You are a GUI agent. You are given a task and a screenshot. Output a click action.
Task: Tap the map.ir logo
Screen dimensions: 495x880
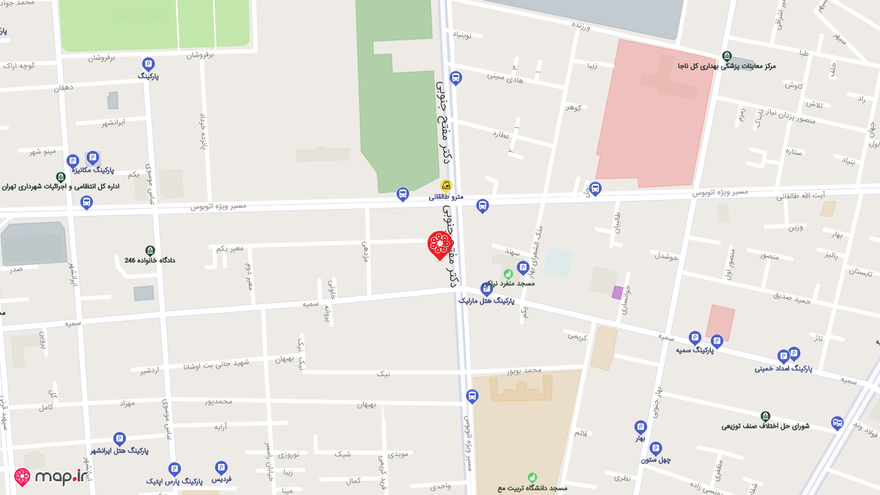click(52, 477)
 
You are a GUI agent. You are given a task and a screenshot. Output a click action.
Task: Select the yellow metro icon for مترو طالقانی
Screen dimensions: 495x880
click(446, 185)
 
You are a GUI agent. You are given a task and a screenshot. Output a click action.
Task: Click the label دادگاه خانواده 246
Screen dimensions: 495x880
click(150, 261)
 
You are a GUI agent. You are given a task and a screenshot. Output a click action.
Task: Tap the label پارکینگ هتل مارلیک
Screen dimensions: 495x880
click(486, 300)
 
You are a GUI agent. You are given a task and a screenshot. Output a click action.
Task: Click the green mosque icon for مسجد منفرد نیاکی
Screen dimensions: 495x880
click(508, 274)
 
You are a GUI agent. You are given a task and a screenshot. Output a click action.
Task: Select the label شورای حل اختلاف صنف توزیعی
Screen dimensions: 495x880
click(765, 426)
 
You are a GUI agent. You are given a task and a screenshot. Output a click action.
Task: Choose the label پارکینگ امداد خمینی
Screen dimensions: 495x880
click(783, 368)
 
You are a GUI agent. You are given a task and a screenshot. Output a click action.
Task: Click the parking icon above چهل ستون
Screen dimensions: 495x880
click(655, 448)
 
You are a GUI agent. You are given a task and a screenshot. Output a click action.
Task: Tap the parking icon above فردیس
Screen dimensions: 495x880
click(221, 467)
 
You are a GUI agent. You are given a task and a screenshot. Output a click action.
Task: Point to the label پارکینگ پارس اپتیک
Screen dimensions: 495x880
click(174, 481)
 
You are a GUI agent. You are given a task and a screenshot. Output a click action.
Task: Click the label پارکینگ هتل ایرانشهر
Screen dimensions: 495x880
click(120, 451)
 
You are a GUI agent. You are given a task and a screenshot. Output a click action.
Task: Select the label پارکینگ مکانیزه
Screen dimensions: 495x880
click(93, 170)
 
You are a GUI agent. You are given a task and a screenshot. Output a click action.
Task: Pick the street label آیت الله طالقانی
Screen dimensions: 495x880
click(800, 196)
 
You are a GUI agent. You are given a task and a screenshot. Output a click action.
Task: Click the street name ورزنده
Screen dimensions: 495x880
click(582, 25)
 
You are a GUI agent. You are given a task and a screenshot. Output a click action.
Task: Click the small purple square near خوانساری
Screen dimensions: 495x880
click(617, 292)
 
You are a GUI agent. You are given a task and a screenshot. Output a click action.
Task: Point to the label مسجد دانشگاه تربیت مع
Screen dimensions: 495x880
click(533, 488)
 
